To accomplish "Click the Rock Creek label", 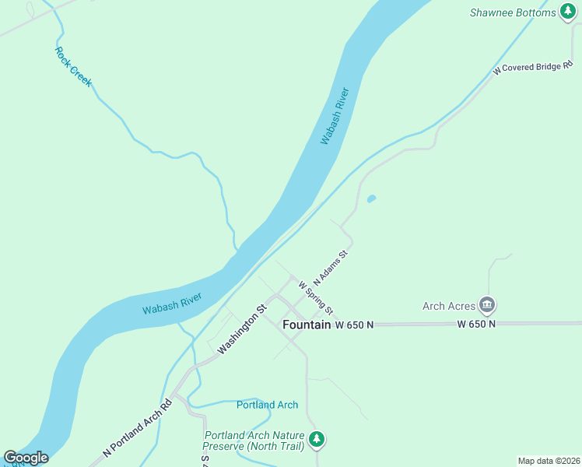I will (73, 66).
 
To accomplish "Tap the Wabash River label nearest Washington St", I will (172, 303).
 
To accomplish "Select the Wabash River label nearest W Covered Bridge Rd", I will (335, 116).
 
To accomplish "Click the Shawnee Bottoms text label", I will (513, 12).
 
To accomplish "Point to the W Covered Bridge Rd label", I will (537, 68).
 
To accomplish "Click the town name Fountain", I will (307, 324).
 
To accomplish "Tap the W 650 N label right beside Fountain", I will (355, 324).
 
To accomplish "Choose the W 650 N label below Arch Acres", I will (476, 324).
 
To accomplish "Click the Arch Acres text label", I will (448, 306).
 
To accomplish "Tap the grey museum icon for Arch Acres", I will (487, 304).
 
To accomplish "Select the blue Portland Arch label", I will (267, 405).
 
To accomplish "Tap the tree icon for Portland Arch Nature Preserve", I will (316, 440).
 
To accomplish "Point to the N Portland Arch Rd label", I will (137, 428).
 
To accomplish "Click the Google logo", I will (26, 458).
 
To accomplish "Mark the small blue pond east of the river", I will (371, 198).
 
